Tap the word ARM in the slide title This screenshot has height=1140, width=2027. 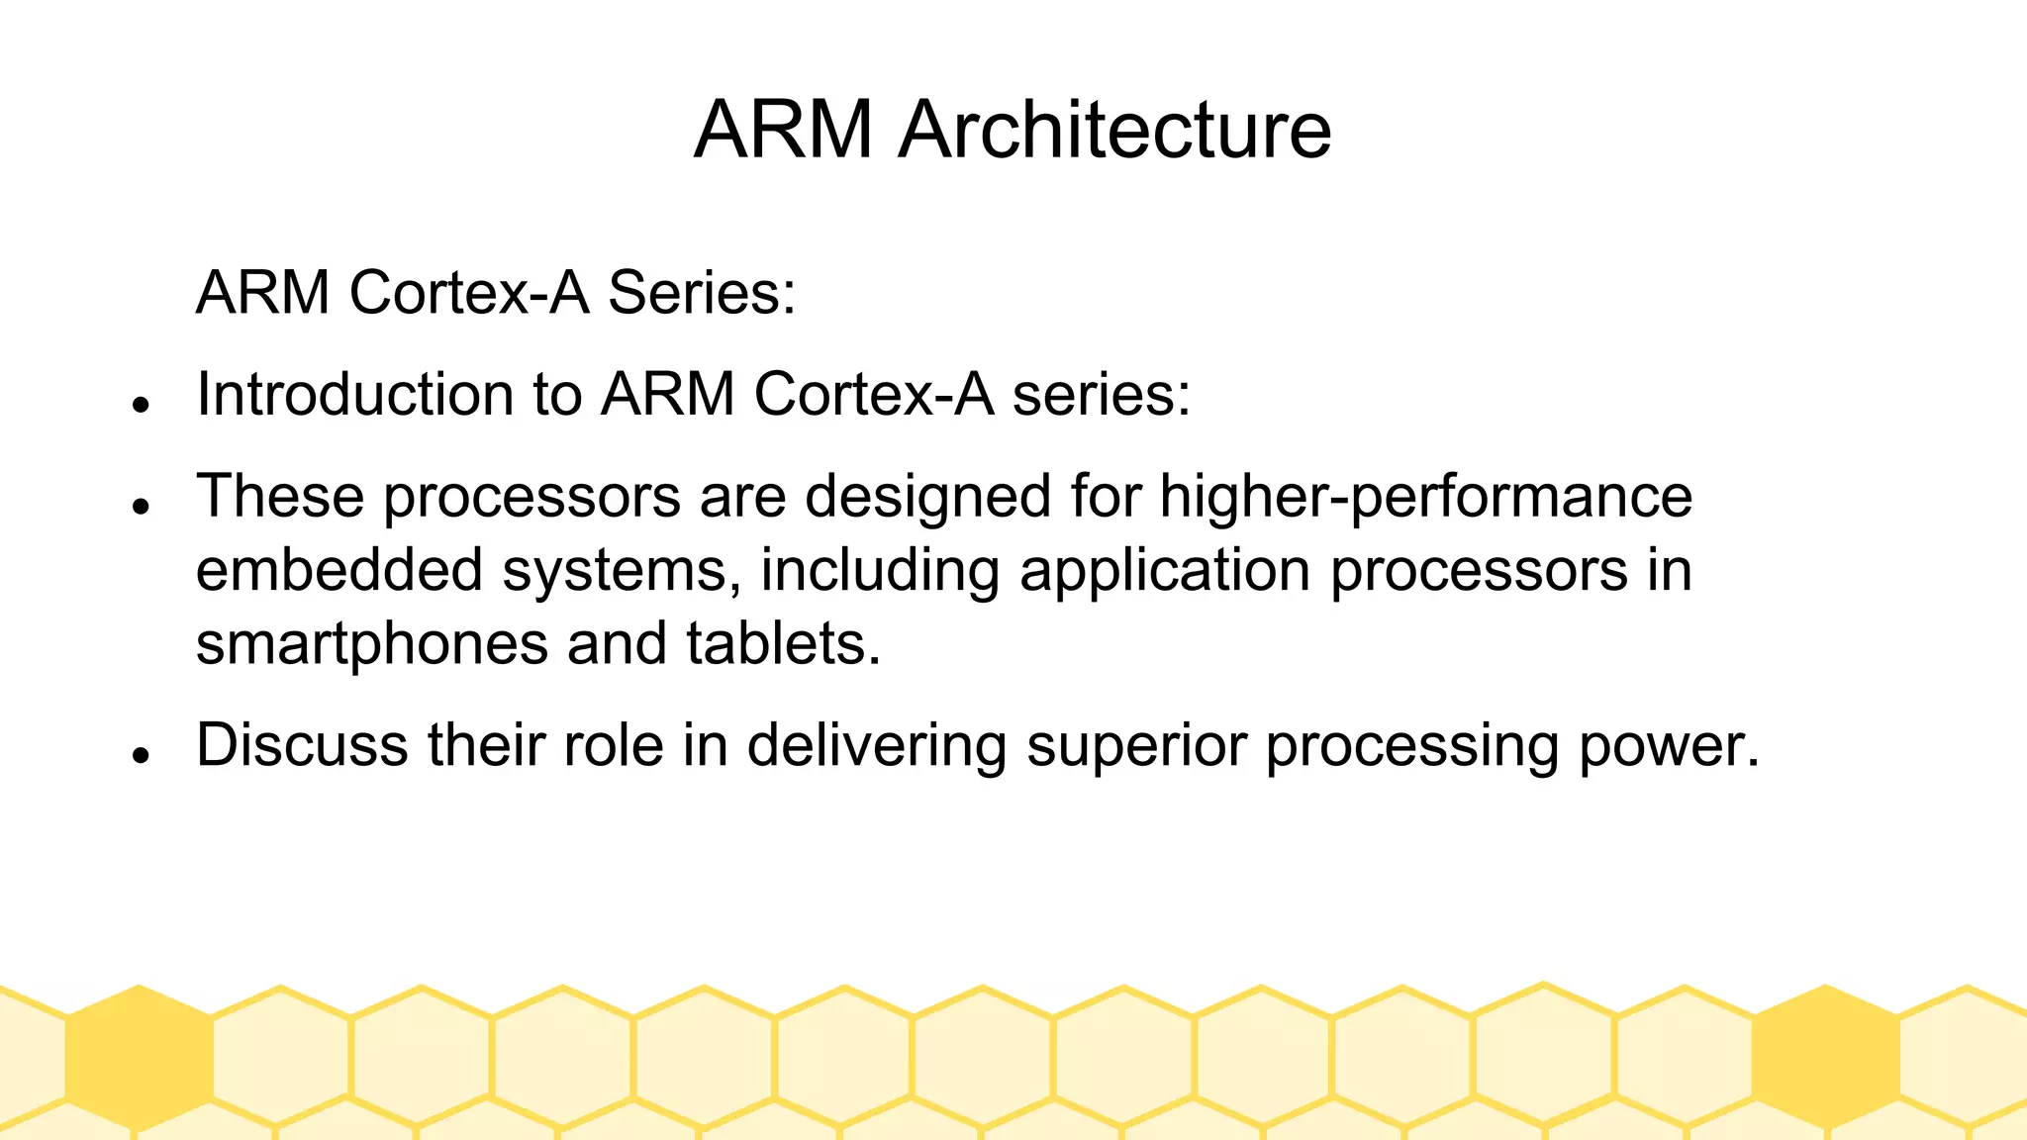[x=783, y=130]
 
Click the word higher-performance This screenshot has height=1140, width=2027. [x=1425, y=497]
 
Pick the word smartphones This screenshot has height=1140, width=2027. [x=372, y=645]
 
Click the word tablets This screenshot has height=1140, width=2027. [x=782, y=643]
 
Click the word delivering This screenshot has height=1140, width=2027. [x=876, y=746]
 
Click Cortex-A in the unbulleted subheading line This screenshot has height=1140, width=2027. [x=469, y=293]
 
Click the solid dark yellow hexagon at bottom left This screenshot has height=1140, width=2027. [x=139, y=1057]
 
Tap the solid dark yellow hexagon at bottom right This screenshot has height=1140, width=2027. [x=1825, y=1057]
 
